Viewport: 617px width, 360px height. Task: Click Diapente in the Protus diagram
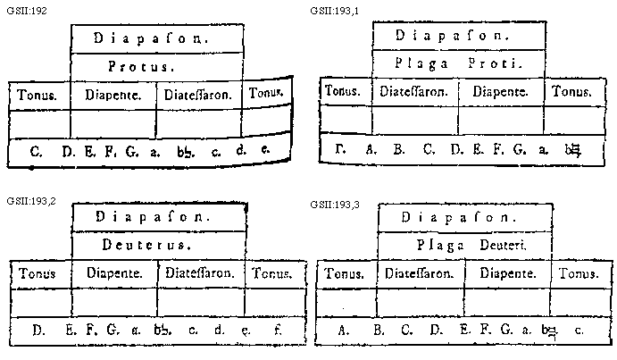[x=112, y=93]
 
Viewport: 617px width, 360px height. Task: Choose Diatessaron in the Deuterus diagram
[x=199, y=272]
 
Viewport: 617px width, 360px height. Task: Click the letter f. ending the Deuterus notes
[x=279, y=330]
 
